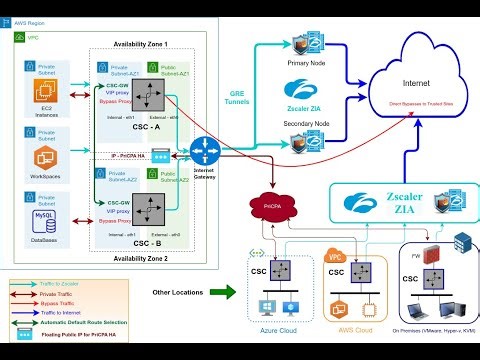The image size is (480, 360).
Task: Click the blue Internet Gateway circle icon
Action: tap(205, 152)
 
